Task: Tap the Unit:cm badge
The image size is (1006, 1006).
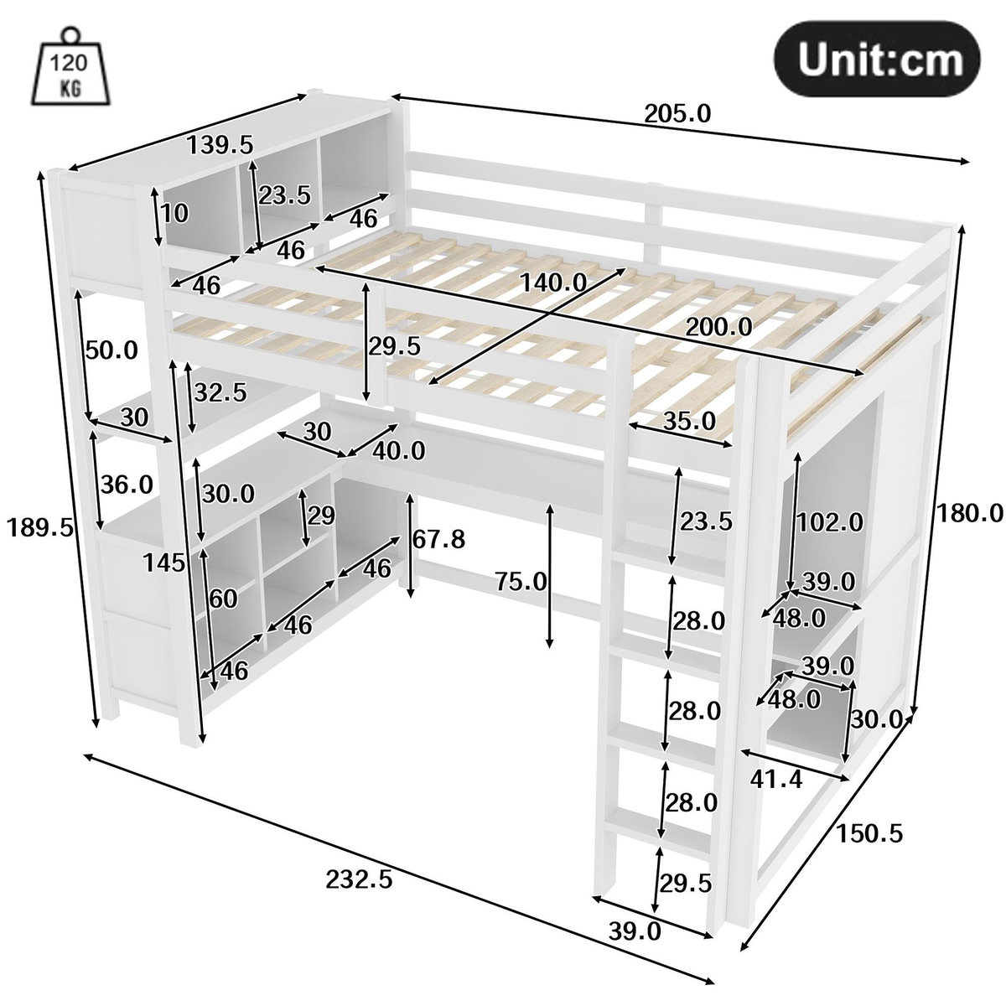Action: (876, 59)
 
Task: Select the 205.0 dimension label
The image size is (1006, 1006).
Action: (677, 114)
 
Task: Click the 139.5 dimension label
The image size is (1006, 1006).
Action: (220, 144)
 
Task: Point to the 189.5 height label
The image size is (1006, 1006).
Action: (39, 527)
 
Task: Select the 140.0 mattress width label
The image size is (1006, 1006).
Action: (553, 283)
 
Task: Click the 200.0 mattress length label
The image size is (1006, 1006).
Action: (718, 327)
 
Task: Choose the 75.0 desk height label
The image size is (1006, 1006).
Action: (521, 581)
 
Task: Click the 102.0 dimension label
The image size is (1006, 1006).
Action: (830, 522)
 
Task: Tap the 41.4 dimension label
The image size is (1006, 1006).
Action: (775, 780)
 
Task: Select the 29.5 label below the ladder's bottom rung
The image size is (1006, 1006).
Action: (686, 883)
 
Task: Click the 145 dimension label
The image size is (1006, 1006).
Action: (164, 563)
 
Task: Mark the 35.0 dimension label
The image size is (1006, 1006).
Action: (689, 420)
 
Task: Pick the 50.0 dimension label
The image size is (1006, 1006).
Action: (111, 350)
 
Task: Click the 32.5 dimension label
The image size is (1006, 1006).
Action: (220, 392)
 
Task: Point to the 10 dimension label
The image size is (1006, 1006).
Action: (174, 213)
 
